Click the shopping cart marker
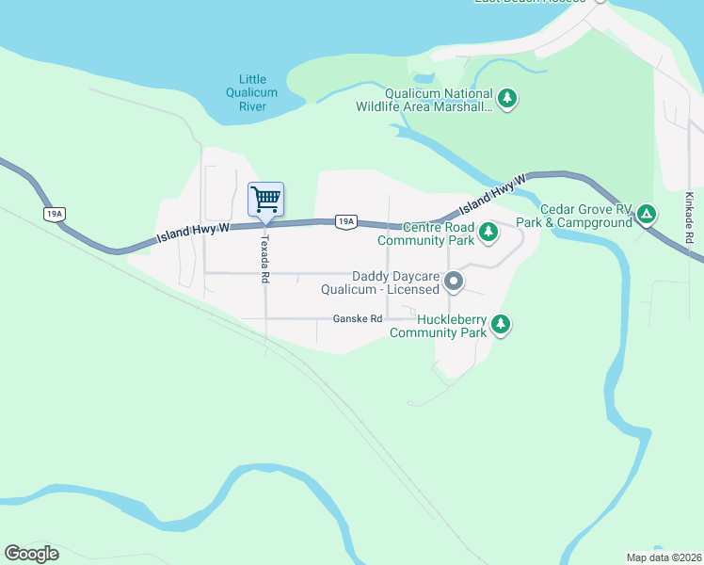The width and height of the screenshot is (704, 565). click(265, 200)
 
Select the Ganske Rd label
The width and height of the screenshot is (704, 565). click(358, 319)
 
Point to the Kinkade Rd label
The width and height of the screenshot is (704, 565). click(689, 218)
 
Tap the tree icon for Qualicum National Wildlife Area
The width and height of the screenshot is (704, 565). click(507, 99)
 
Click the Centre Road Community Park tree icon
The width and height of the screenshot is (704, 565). click(488, 232)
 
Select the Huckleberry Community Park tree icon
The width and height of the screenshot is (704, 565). click(502, 325)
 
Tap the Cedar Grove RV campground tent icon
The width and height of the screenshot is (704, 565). click(647, 215)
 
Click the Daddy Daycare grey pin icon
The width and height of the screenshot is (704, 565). click(454, 282)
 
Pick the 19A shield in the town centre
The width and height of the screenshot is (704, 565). click(345, 221)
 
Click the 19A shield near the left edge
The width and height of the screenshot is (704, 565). click(54, 214)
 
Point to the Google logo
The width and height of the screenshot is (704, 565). click(31, 554)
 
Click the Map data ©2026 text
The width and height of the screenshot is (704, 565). click(664, 557)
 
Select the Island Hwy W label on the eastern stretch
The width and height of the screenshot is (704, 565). click(491, 195)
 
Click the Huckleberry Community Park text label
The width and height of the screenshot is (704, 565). click(439, 326)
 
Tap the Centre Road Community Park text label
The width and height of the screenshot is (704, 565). click(425, 234)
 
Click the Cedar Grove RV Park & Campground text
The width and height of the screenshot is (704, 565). click(585, 216)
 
